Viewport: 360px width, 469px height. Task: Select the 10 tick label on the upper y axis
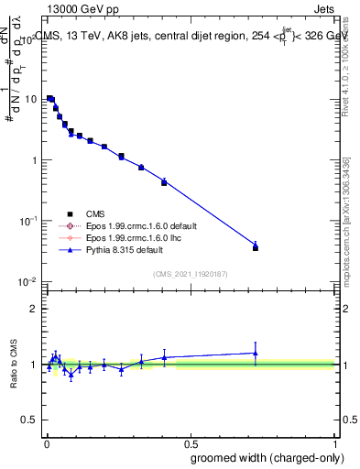30,99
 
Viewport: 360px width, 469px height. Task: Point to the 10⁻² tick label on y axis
27,281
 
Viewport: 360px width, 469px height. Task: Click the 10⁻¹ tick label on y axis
27,221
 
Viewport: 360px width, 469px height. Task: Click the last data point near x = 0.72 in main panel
256,247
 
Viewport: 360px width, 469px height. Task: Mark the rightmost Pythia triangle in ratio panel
256,353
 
